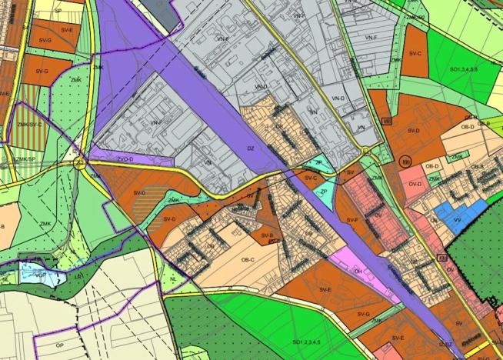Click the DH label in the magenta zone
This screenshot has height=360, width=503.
pos(358,272)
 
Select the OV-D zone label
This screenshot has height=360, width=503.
pos(416,185)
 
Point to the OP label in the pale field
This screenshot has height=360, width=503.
pos(58,346)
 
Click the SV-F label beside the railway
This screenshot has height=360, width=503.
pos(352,220)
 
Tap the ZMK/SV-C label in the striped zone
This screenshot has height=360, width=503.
pos(28,123)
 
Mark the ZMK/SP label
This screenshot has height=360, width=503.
pos(25,158)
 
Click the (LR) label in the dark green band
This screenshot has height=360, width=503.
pos(78,275)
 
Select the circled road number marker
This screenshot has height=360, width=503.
pos(405,160)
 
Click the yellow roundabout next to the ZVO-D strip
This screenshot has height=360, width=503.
pos(78,162)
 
